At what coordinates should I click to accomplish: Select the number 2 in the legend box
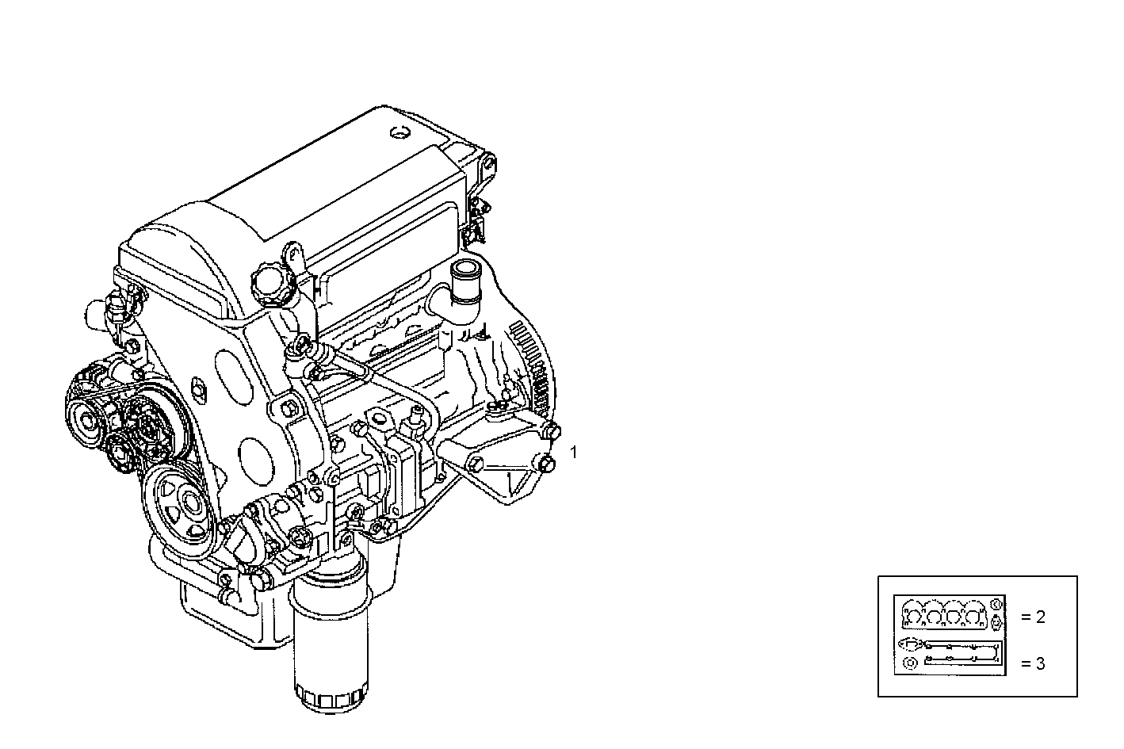tap(1040, 617)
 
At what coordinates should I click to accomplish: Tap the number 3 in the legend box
tap(1040, 663)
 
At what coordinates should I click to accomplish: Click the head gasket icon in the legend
tap(943, 615)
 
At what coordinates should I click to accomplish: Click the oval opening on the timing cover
tap(231, 368)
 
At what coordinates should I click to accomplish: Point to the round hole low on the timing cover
tap(254, 457)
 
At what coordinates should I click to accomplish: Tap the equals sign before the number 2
tap(1025, 617)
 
